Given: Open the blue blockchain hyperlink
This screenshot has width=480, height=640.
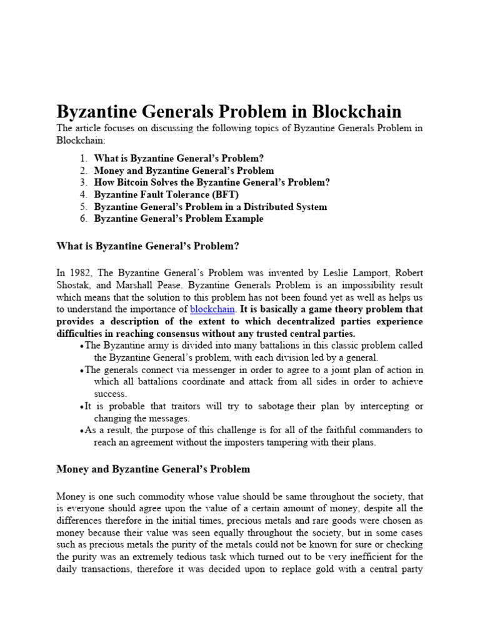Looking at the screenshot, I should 212,309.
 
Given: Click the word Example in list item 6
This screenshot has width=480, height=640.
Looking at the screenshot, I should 242,218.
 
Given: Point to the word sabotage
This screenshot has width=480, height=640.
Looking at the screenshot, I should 271,406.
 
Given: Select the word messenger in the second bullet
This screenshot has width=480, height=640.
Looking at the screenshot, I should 199,370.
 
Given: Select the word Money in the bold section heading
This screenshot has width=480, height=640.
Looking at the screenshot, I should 73,469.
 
